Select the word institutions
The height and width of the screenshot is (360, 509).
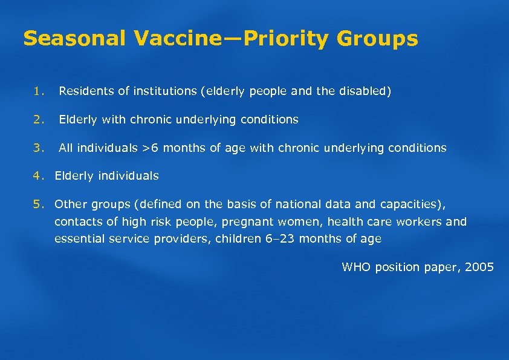click(x=164, y=92)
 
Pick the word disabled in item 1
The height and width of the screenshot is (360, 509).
click(x=368, y=92)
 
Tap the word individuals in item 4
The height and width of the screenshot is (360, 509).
click(x=128, y=176)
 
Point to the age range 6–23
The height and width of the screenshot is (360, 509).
click(x=280, y=239)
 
